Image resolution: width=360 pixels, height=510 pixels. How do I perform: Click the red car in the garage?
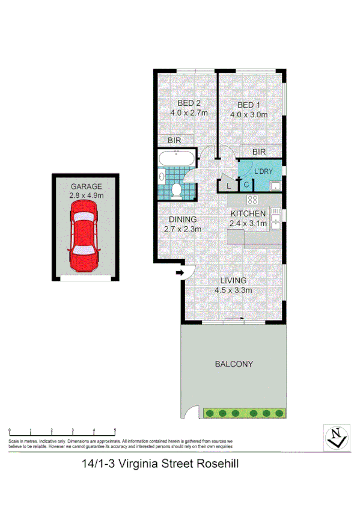83,235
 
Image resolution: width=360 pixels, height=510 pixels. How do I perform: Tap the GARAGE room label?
87,186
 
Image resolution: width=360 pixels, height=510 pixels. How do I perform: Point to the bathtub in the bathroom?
175,159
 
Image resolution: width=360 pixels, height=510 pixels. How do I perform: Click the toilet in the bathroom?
177,191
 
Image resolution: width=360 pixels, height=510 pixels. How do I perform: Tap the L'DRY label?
264,171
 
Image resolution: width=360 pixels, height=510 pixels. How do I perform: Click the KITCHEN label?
248,214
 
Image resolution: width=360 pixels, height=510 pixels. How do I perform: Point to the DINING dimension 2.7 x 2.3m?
182,229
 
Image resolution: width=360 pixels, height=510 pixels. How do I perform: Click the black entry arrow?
178,274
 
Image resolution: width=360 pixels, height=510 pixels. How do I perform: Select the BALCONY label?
234,364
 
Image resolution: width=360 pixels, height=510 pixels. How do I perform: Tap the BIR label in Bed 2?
174,140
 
